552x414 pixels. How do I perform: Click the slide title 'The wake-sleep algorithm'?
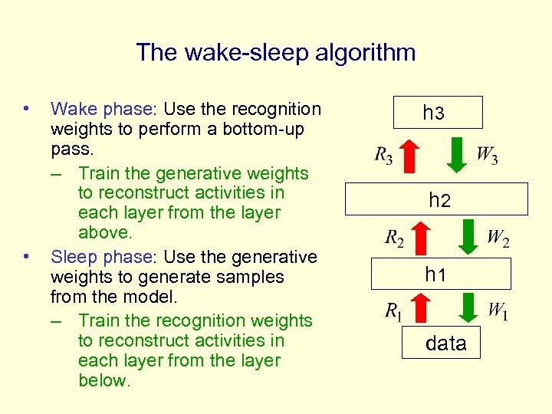click(276, 53)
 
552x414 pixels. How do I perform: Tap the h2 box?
click(437, 199)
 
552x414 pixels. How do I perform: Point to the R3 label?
click(384, 156)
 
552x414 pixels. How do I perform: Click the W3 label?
click(487, 156)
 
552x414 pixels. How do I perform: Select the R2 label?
click(395, 238)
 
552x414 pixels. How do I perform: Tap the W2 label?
click(498, 238)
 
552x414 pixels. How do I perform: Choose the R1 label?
click(394, 311)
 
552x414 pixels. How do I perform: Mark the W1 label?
click(498, 311)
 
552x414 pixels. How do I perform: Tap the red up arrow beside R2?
click(422, 237)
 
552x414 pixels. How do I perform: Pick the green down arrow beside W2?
click(467, 236)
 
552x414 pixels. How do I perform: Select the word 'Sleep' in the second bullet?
click(77, 257)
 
